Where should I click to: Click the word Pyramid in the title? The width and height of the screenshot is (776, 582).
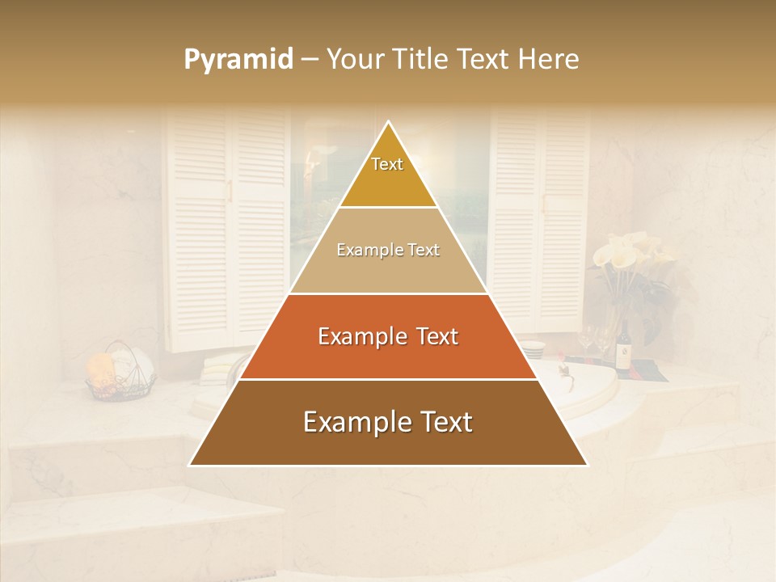[x=238, y=60]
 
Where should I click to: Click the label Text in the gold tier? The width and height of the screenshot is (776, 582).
[x=387, y=164]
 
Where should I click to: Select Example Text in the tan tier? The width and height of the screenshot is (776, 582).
[x=388, y=250]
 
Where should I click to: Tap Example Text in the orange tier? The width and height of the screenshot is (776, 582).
[x=388, y=336]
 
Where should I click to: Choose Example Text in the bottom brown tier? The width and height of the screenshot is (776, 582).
[x=388, y=422]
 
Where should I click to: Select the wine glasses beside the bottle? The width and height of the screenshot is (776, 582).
[x=594, y=339]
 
